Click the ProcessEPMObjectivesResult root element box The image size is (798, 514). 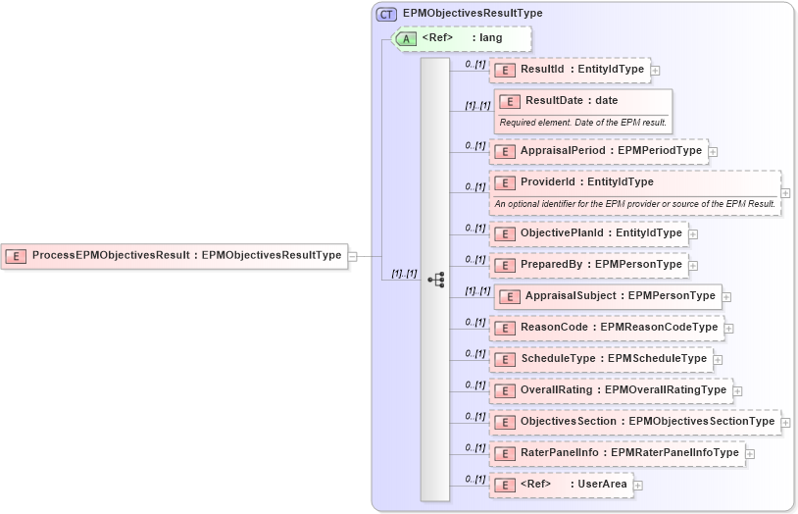click(175, 256)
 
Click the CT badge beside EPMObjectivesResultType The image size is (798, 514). click(387, 14)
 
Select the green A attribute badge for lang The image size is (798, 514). click(406, 38)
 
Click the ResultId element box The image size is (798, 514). click(570, 70)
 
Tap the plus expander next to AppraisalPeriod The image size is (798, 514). click(714, 152)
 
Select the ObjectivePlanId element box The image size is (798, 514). click(588, 233)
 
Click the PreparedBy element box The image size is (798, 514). click(588, 265)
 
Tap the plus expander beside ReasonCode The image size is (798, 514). click(729, 328)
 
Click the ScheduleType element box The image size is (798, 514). click(601, 359)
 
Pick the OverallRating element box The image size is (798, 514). click(611, 390)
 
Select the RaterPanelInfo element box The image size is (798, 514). click(617, 453)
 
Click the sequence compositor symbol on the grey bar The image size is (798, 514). click(435, 280)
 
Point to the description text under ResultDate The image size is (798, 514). click(583, 123)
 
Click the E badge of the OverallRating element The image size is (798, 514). click(504, 390)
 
